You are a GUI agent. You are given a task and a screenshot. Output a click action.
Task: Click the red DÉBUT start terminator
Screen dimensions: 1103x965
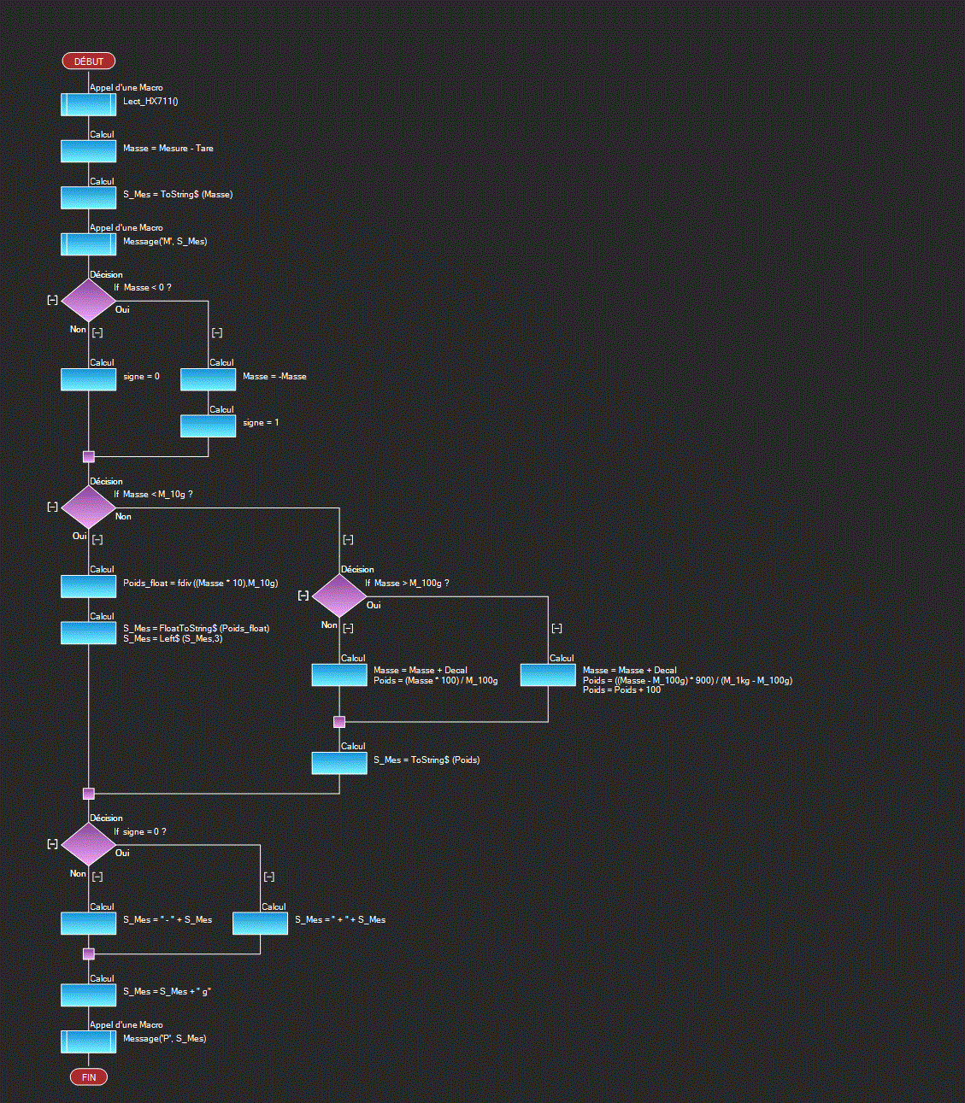[x=88, y=62]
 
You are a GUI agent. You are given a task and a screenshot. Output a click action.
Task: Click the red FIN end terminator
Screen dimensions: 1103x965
[x=88, y=1077]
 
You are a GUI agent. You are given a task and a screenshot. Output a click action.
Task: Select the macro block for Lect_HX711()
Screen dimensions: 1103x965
[x=88, y=104]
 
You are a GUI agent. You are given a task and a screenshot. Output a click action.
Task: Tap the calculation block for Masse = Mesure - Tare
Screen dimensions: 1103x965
[x=88, y=151]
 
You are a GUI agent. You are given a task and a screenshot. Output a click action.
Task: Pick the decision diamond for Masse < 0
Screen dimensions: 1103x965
[x=88, y=300]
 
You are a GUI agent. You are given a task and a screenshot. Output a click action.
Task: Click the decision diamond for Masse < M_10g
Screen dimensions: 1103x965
[x=88, y=507]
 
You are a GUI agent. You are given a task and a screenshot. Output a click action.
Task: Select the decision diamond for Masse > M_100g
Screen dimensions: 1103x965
[x=339, y=596]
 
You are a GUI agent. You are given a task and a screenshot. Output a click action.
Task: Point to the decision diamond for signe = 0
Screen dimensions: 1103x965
[x=88, y=844]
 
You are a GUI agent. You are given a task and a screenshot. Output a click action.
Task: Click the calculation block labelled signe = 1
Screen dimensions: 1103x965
[x=208, y=425]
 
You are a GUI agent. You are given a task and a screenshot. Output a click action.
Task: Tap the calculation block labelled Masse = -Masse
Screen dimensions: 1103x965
[x=208, y=379]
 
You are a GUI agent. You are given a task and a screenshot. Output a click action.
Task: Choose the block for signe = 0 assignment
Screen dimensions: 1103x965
[x=88, y=379]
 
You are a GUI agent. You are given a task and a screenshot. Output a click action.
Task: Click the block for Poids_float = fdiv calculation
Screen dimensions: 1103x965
[x=88, y=586]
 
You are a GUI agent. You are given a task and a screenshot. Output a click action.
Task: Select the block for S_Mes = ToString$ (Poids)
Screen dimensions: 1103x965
[x=339, y=763]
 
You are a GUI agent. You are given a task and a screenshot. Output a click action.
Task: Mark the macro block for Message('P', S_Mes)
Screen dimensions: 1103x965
[x=88, y=1041]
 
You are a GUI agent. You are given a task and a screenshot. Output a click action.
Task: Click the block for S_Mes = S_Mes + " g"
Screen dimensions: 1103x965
[x=88, y=994]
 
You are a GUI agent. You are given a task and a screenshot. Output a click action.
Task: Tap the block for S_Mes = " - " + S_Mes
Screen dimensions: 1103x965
[x=88, y=923]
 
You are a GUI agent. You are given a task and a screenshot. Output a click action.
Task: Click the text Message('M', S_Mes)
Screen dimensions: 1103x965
[x=165, y=242]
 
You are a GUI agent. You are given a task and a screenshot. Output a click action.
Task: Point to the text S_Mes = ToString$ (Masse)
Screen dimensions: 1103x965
[x=178, y=195]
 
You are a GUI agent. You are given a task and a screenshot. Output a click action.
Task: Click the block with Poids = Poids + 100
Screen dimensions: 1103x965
[x=548, y=675]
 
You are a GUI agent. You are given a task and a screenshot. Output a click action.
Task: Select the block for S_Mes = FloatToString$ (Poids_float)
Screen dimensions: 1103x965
[x=88, y=633]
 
